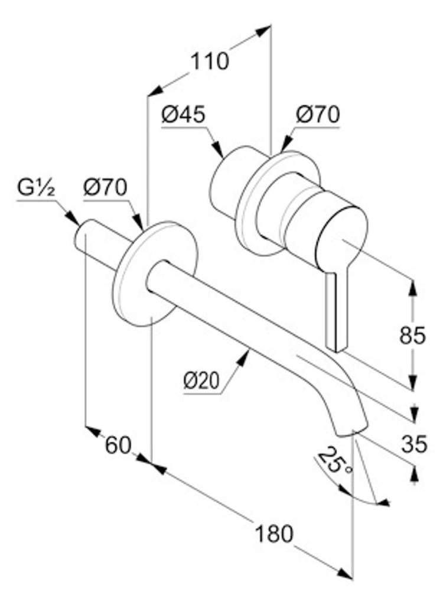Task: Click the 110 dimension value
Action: click(x=210, y=61)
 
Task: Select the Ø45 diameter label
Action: click(x=184, y=115)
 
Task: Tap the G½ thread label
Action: click(x=36, y=189)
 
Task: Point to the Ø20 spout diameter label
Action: click(x=201, y=381)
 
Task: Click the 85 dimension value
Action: click(x=412, y=335)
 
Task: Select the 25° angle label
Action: click(x=333, y=461)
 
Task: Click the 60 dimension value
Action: click(x=118, y=445)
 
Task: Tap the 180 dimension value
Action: click(x=274, y=534)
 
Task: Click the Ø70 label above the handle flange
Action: click(x=318, y=115)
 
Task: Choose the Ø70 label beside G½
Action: click(x=105, y=188)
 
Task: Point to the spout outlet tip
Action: click(x=351, y=431)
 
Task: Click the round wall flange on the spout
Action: click(x=154, y=274)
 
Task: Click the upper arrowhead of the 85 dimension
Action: click(x=413, y=288)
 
